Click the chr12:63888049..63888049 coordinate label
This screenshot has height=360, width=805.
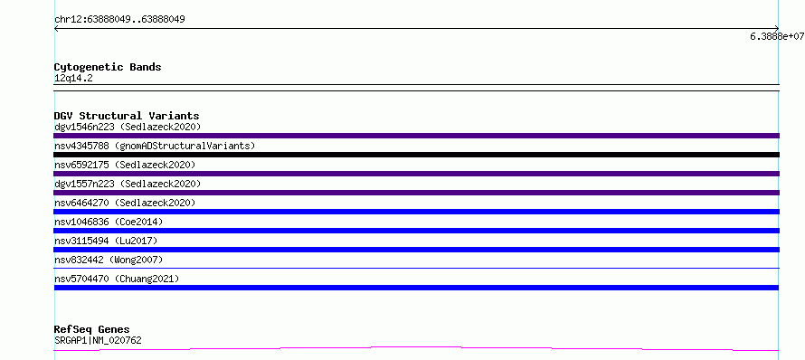[x=119, y=20]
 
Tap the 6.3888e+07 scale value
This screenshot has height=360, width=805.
[x=777, y=36]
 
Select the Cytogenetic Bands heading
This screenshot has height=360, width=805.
[x=108, y=67]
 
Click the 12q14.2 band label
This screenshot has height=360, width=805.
[x=73, y=79]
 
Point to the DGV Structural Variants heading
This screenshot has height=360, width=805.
[x=127, y=116]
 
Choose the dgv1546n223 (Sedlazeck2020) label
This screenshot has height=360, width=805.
[x=128, y=127]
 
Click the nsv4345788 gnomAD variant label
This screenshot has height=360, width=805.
[x=155, y=146]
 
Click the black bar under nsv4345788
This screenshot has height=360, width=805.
[x=416, y=155]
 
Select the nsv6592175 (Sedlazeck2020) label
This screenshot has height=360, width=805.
[x=125, y=165]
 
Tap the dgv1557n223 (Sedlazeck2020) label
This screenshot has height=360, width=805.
[x=128, y=184]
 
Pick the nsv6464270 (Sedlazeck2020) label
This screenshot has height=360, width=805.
[x=125, y=203]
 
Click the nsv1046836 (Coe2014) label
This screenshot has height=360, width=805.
[x=109, y=222]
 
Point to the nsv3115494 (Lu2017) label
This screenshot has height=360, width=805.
[x=106, y=241]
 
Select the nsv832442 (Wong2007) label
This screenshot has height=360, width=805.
[x=109, y=260]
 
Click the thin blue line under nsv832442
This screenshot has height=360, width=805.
[x=416, y=268]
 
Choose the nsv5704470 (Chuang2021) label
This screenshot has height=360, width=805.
[x=117, y=279]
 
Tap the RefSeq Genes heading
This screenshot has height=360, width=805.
[x=92, y=330]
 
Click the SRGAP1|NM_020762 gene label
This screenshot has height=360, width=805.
[x=98, y=340]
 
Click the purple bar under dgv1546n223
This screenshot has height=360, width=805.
[x=416, y=136]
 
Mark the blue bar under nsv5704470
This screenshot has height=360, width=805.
[x=416, y=288]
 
